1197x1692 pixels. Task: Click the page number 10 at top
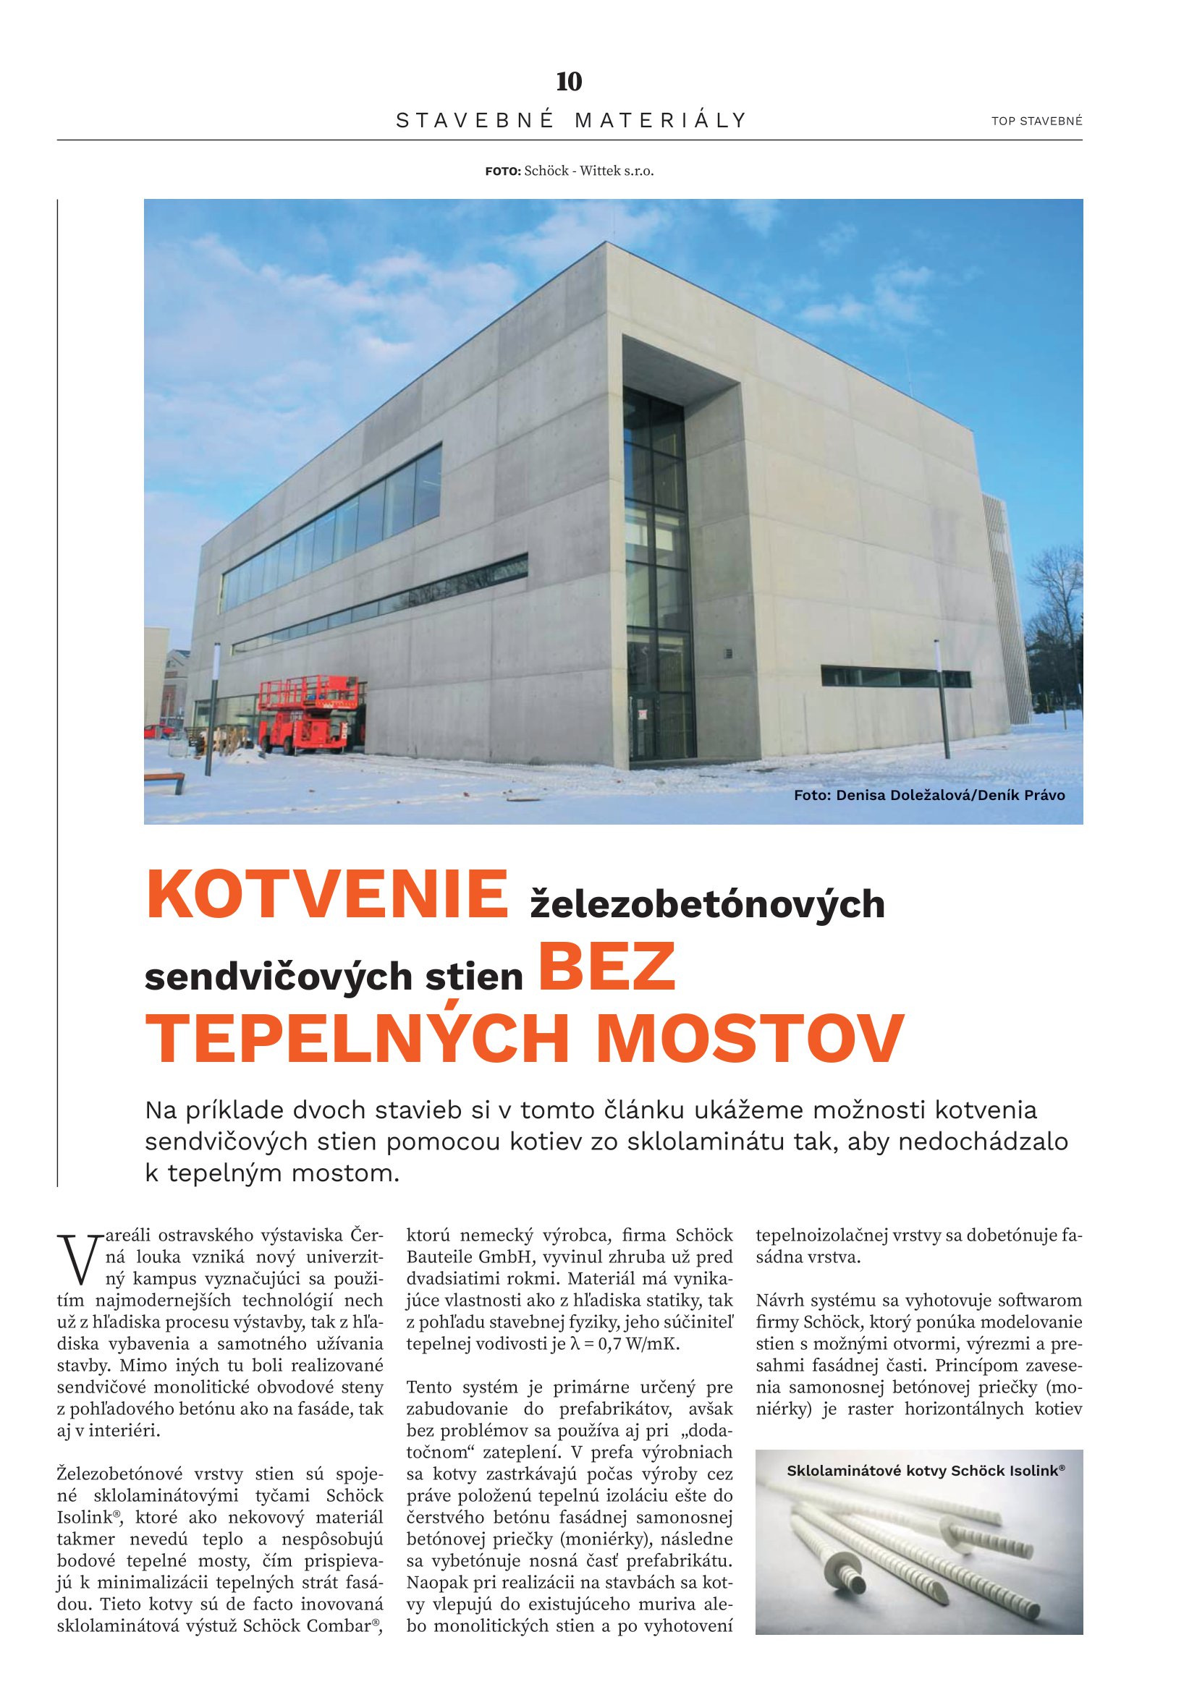569,82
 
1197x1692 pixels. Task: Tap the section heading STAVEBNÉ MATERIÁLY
571,120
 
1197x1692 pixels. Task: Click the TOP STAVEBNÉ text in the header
1036,121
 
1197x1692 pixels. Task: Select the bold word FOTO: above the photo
503,171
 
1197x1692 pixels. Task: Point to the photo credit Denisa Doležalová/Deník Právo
929,795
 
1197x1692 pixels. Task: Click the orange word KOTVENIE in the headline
327,896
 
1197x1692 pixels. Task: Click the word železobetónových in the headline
708,904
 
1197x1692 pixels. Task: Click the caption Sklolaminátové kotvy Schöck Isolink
925,1471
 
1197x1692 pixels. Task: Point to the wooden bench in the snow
166,779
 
